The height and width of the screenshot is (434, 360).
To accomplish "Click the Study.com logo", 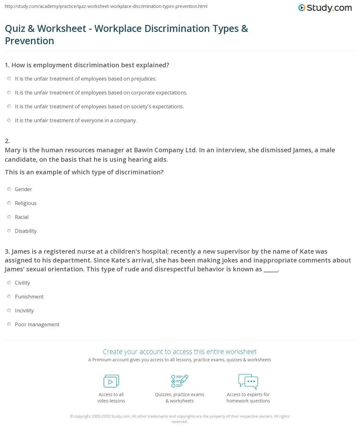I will (325, 8).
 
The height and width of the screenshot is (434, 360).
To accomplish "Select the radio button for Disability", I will (9, 231).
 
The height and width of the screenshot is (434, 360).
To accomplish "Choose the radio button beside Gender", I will (9, 189).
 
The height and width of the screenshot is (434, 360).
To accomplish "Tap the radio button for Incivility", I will (9, 310).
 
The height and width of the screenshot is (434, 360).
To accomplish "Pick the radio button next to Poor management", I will (9, 324).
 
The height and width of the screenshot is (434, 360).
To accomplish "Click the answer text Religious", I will (26, 203).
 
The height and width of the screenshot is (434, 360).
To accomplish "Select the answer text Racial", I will (21, 217).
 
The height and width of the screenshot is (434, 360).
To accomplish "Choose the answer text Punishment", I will (29, 297).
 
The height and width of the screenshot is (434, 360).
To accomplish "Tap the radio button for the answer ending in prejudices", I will (9, 79).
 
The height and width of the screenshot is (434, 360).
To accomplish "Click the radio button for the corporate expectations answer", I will (9, 93).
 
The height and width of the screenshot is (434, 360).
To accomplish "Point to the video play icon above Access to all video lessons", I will (111, 381).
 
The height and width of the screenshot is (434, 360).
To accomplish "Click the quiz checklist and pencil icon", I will (180, 381).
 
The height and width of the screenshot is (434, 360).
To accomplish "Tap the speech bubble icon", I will (248, 381).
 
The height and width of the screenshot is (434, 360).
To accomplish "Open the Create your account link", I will (180, 352).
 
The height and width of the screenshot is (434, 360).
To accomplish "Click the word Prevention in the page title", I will (30, 41).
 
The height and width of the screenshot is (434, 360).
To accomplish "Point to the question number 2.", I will (7, 141).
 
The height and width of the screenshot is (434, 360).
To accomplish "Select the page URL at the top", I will (106, 6).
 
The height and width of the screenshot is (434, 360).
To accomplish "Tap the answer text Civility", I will (22, 283).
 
